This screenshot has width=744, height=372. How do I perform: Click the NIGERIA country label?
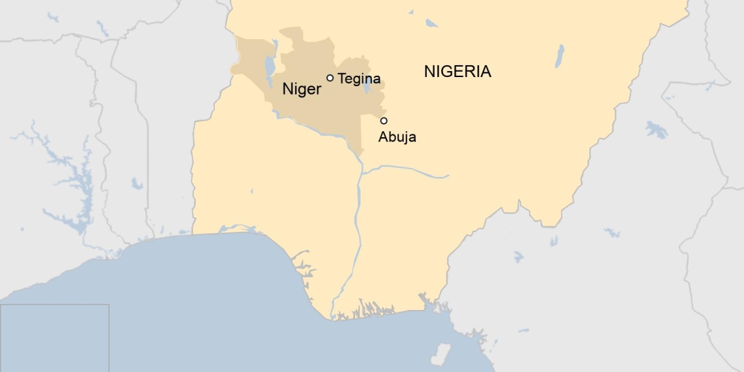(x=457, y=72)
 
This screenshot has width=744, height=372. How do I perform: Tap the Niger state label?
(x=302, y=89)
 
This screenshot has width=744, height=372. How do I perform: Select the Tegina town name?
(x=359, y=79)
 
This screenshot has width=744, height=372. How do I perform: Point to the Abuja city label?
(x=397, y=137)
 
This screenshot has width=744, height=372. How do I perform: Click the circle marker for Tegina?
(x=330, y=78)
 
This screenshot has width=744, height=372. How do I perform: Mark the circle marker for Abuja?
(x=384, y=120)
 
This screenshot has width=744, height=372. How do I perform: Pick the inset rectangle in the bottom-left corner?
(x=54, y=337)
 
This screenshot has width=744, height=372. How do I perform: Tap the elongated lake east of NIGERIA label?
(x=559, y=56)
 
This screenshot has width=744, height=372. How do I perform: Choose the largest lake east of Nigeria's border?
(x=656, y=129)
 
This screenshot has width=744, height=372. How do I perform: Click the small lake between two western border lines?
(x=136, y=184)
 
